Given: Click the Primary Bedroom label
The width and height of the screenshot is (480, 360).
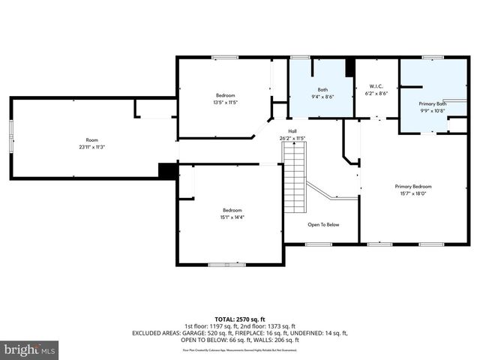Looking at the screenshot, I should (413, 186).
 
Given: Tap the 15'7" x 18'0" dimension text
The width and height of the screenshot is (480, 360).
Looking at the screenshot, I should (413, 193).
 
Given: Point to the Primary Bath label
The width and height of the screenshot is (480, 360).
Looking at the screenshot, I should (432, 103).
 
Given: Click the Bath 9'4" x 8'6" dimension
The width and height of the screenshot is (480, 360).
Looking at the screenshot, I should (322, 96).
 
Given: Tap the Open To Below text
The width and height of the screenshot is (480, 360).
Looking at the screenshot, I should (323, 224).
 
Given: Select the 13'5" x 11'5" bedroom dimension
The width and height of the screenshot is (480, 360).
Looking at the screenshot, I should (226, 102).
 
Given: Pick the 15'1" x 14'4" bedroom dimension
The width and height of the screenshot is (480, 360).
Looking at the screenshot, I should (232, 217).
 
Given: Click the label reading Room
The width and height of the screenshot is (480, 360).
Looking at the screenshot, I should (91, 140).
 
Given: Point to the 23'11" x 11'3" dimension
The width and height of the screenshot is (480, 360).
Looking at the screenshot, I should (91, 147).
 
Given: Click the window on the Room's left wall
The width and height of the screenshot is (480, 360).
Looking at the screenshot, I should (10, 138).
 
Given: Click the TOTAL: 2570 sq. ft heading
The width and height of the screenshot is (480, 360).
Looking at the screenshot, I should (239, 319).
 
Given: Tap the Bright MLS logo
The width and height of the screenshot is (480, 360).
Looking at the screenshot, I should (30, 349).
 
